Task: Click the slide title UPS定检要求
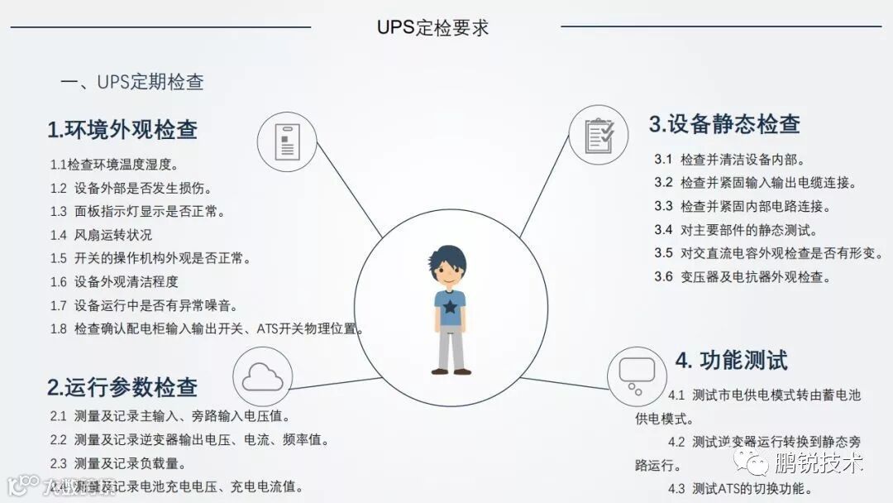tap(432, 26)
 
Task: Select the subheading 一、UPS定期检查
tap(132, 82)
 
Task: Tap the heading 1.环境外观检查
tap(122, 130)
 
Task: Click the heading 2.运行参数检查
tap(122, 386)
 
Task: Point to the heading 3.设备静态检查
tap(724, 124)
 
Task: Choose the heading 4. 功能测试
tap(731, 360)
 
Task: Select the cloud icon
tap(263, 377)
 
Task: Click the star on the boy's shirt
tap(450, 309)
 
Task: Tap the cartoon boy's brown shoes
tap(451, 371)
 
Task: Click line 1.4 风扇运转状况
tap(101, 235)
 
